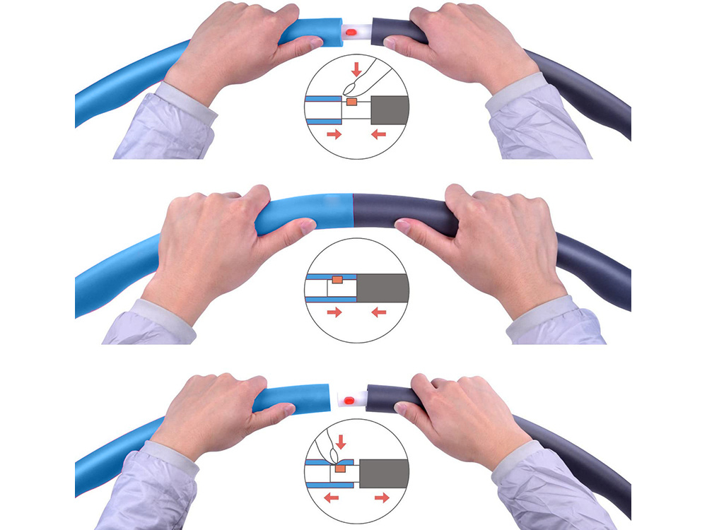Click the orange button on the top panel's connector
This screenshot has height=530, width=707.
(x=351, y=33)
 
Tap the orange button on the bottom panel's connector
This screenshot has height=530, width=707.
(x=349, y=401)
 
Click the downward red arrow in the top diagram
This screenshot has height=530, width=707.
(x=356, y=69)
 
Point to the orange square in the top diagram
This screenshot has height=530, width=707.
(x=351, y=102)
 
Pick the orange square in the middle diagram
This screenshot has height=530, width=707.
(x=337, y=280)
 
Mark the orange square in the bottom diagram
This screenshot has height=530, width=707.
(x=341, y=466)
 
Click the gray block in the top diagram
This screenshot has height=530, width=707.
(x=389, y=110)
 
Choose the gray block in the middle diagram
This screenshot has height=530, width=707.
(x=382, y=288)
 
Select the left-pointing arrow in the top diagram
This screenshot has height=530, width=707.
(x=379, y=134)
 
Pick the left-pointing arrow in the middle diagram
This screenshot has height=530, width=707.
(x=379, y=312)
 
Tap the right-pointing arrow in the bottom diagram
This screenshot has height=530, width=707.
(x=382, y=497)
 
